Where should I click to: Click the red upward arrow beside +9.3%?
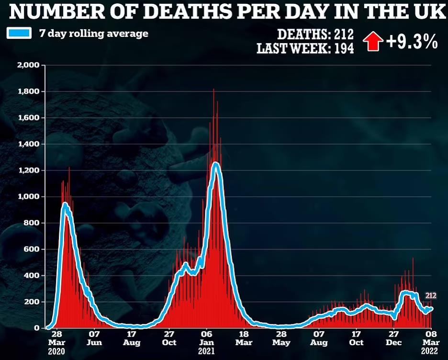click(x=373, y=41)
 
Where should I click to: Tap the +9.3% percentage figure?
click(x=412, y=42)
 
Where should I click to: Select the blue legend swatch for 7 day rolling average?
click(x=19, y=34)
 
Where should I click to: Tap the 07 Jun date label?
click(x=94, y=338)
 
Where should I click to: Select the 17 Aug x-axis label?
click(x=132, y=338)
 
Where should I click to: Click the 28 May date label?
click(x=281, y=338)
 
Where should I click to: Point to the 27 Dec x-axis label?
click(x=393, y=338)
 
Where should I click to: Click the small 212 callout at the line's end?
click(x=430, y=296)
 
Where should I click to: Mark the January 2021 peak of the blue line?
click(x=215, y=164)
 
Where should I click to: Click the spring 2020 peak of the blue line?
click(x=65, y=205)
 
